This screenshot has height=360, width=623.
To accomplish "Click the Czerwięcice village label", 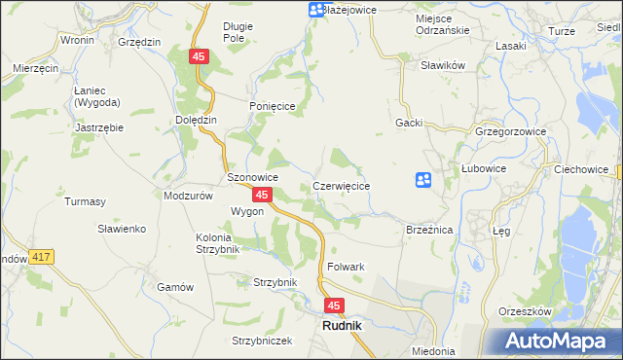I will tap(341, 185).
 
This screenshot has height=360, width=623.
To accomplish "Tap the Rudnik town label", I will tap(342, 327).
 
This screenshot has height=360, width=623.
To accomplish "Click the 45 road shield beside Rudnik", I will tap(334, 306).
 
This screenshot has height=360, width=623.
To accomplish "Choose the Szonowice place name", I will tap(253, 177).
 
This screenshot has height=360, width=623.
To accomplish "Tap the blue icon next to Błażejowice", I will tap(315, 10).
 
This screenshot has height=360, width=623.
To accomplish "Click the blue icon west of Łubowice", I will tap(423, 179).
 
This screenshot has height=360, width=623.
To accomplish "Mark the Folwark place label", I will tap(347, 267).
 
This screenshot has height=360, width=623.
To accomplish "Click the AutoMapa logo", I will tap(561, 342).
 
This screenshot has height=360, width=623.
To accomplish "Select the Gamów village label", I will tap(176, 287).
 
